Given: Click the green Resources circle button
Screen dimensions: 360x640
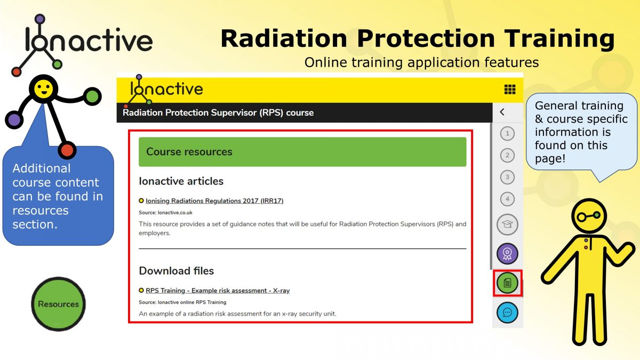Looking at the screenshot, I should click(58, 303).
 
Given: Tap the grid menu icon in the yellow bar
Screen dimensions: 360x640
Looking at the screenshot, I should click(509, 90).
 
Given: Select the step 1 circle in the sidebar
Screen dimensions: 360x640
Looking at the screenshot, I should click(507, 133).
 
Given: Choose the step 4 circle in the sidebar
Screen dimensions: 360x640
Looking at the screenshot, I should click(507, 199).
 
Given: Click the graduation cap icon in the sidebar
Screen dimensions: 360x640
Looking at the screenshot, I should click(507, 225).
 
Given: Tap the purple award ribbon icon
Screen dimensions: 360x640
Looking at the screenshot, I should click(507, 253).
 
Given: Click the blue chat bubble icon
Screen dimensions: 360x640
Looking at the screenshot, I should click(507, 313).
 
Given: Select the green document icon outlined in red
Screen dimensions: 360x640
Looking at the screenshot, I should click(507, 283).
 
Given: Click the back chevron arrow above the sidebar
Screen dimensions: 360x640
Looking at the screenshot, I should click(502, 112).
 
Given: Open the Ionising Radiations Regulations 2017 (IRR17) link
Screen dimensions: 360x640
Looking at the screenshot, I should click(214, 201).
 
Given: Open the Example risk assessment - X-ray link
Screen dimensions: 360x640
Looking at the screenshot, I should click(218, 291).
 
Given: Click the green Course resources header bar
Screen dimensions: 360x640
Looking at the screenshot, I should click(302, 152).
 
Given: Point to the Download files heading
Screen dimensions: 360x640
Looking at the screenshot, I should click(177, 271).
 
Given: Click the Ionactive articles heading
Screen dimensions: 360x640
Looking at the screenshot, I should click(181, 181).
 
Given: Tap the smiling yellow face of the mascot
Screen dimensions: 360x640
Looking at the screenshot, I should click(43, 89).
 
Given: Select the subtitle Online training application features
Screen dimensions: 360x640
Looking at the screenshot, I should click(421, 62).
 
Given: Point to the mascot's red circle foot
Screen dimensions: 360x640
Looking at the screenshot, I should click(67, 150).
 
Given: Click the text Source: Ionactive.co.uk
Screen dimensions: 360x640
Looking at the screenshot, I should click(165, 212).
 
